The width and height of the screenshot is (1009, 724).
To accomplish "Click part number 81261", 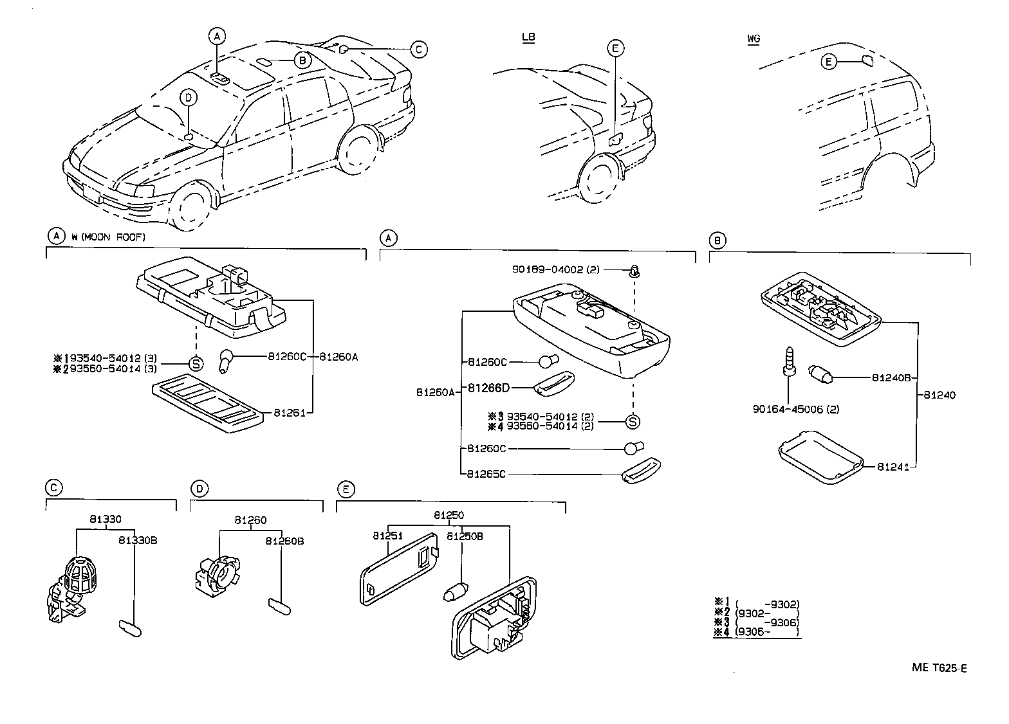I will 289,412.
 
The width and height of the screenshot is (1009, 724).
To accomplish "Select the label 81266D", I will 488,388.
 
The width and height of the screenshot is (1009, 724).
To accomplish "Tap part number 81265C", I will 486,475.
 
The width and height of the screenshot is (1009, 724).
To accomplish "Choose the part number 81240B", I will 891,378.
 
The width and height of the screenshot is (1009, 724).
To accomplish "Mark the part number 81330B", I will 138,541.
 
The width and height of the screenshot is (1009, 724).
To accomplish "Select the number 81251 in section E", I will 387,536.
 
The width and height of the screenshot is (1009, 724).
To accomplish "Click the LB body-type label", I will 528,37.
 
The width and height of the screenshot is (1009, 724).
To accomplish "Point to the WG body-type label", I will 754,39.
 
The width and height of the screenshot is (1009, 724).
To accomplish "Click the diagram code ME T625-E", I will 939,668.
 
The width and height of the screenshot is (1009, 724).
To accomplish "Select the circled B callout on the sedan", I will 302,60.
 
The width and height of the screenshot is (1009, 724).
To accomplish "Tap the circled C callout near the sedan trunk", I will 419,49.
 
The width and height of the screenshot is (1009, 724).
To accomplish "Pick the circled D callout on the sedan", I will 188,98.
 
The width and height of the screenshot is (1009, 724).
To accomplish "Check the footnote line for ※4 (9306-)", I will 757,632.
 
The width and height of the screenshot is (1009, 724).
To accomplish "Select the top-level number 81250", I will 449,515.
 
